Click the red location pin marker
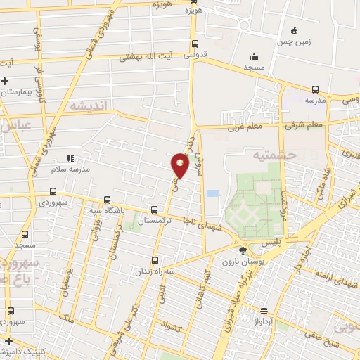point(180,165)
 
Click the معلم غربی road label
point(244,128)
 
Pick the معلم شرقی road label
point(303,125)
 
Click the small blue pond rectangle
point(212,193)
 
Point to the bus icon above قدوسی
point(195,43)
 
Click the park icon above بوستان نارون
point(243,250)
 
